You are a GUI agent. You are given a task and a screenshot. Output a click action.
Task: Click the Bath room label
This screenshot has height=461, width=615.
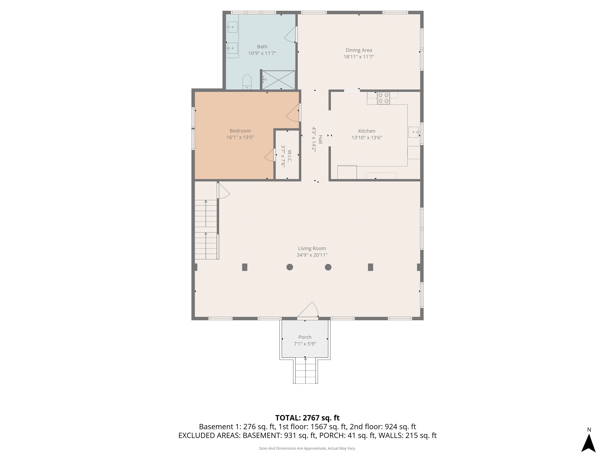point(262,47)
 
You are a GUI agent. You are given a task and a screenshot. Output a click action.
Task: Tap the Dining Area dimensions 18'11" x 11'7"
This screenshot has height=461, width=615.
point(359,57)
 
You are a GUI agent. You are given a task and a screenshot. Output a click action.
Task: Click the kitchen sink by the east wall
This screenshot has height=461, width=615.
point(413,132)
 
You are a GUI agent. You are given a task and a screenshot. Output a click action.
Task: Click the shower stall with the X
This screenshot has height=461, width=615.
point(279,80)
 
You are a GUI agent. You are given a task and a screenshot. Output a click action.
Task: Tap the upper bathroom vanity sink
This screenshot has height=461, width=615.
point(232,27)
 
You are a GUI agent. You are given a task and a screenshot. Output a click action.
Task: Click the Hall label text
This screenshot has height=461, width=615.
point(320,139)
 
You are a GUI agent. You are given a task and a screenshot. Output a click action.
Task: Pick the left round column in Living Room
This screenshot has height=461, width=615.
point(289,267)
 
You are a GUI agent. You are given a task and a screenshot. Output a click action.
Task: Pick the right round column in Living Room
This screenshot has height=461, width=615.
point(328,267)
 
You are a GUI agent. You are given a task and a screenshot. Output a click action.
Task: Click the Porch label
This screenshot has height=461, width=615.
point(305,337)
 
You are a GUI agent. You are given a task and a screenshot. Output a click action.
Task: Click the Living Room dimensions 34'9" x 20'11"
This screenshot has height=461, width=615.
point(312,255)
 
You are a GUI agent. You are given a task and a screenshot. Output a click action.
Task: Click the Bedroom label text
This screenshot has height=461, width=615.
point(240,131)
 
